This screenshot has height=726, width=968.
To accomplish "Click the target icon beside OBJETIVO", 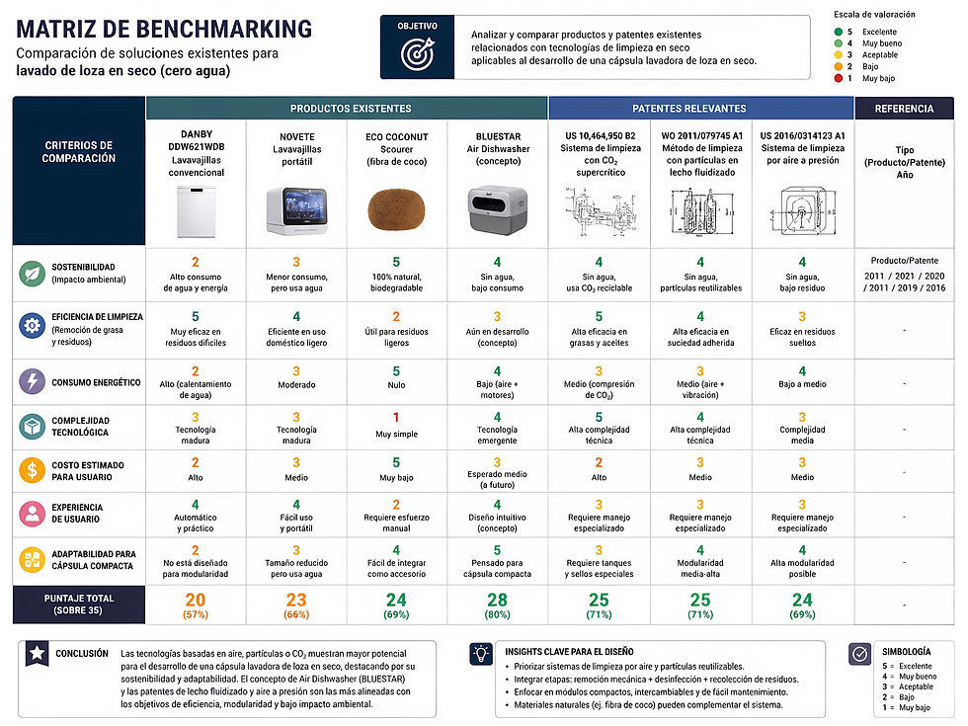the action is coord(418,53).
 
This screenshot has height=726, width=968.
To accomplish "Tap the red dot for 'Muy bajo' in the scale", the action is coord(839,78).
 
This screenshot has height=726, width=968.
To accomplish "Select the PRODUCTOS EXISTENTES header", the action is coord(351,109).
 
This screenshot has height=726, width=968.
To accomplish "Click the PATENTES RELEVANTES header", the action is coord(689,109).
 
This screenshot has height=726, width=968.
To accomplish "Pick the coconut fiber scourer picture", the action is coord(396,209).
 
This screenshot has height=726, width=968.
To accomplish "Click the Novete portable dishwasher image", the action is coord(297,210).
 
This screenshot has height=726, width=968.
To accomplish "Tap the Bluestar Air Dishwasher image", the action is coord(498,209).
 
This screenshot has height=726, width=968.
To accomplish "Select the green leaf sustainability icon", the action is coord(32,274).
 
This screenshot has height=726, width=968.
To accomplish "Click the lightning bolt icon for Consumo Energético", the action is coord(32,381).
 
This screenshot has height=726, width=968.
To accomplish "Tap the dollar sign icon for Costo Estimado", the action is coord(32,470).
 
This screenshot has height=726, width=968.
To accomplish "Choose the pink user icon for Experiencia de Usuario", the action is coord(32,513).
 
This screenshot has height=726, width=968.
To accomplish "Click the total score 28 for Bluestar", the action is coord(497,601).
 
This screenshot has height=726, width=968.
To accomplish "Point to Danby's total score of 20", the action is coord(196,601).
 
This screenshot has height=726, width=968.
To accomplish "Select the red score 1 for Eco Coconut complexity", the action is coord(396,417).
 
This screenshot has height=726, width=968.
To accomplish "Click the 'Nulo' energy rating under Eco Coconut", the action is coord(396,385).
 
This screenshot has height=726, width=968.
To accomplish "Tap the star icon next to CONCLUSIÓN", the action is coord(38,653).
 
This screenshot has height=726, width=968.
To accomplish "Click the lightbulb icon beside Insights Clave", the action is coord(481,653).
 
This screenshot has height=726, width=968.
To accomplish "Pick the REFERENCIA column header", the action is coord(904,109).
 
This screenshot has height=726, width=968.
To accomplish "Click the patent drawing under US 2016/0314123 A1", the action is coord(802,211).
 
